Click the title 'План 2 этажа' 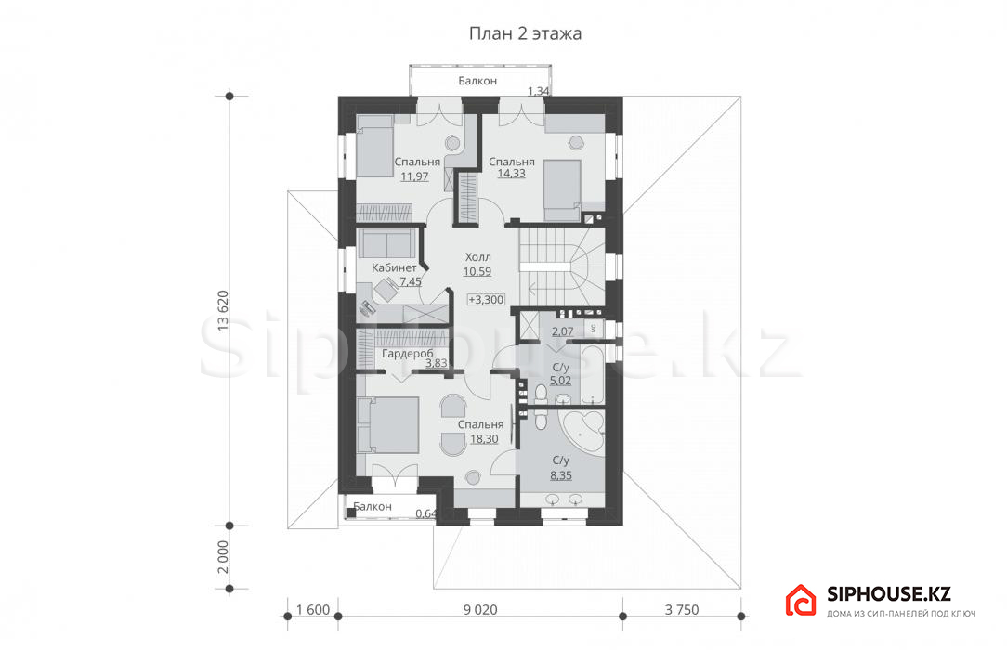click(x=525, y=33)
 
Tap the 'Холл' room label click(x=477, y=257)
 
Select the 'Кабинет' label click(x=394, y=267)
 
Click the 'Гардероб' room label click(x=408, y=354)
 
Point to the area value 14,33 click(x=511, y=174)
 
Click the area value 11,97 click(x=414, y=175)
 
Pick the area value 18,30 click(x=484, y=439)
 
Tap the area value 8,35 click(x=561, y=475)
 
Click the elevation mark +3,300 click(x=486, y=300)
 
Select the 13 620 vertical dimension click(x=223, y=311)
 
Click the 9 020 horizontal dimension click(x=480, y=609)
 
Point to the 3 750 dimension click(x=681, y=609)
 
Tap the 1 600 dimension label click(x=313, y=609)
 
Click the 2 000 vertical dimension click(x=223, y=557)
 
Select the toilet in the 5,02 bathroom click(x=539, y=393)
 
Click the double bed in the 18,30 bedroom click(x=388, y=424)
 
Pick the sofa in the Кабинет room click(x=385, y=243)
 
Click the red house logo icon click(x=801, y=601)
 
